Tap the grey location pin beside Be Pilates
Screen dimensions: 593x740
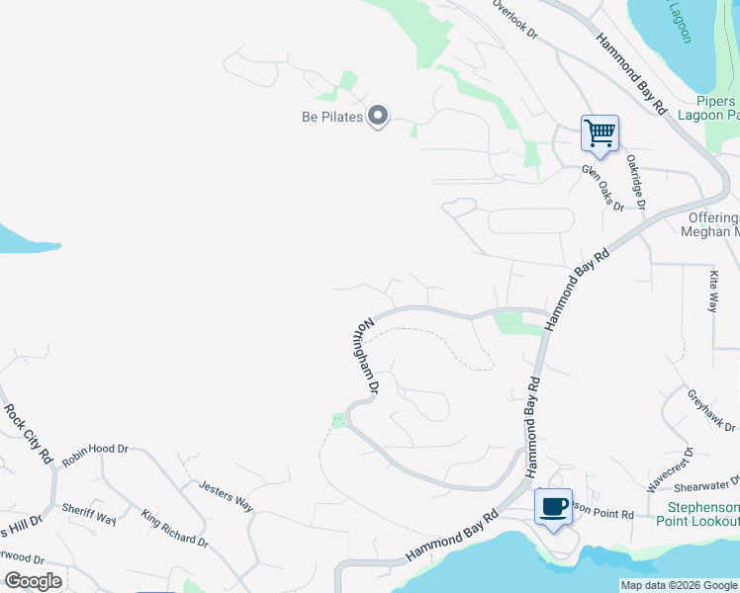377,117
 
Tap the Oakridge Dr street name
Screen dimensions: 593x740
634,181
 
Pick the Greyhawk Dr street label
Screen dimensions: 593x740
712,410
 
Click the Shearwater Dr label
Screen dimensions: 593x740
708,482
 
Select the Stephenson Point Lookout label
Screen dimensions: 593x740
697,514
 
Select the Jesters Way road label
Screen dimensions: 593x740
226,495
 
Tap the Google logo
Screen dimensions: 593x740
33,580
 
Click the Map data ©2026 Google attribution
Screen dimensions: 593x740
679,585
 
